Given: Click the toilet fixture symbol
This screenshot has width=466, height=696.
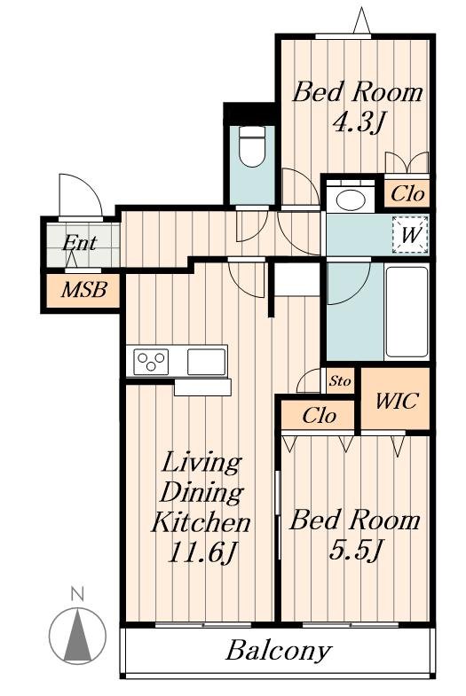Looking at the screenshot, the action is click(x=251, y=146).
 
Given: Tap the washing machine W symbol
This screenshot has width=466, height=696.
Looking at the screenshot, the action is click(x=410, y=234).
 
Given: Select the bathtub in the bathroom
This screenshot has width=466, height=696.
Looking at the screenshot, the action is click(x=407, y=311).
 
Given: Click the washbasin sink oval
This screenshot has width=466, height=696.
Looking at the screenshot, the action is click(x=351, y=199).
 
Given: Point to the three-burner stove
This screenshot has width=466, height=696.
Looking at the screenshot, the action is click(x=152, y=362).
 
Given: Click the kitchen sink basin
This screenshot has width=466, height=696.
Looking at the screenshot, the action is click(x=206, y=362).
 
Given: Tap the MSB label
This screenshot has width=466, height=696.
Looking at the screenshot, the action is click(x=84, y=290).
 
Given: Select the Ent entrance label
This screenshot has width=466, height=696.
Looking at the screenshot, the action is click(x=80, y=242).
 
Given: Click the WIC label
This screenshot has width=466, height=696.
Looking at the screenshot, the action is click(x=396, y=401).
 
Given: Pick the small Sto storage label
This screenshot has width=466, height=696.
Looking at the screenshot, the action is click(x=340, y=381).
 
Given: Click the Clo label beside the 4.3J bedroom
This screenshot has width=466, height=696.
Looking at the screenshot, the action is click(x=407, y=193).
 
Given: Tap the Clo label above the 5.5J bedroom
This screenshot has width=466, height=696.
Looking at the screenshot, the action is click(x=319, y=416).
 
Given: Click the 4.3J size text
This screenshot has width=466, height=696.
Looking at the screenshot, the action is click(x=357, y=122).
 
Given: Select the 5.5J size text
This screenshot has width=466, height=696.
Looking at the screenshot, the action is click(x=354, y=551).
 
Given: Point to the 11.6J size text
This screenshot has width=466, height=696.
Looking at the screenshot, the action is click(x=201, y=552).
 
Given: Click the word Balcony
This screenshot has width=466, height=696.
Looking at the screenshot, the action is click(x=279, y=651).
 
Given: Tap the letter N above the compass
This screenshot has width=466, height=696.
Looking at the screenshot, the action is click(x=78, y=593).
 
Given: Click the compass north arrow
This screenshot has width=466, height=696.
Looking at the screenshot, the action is click(x=78, y=635).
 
